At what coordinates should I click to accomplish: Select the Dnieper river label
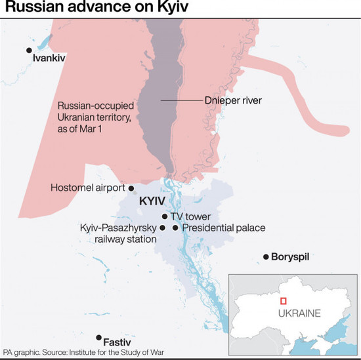click(x=234, y=101)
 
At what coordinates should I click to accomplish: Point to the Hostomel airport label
click(x=87, y=188)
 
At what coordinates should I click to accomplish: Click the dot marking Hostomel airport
click(x=132, y=188)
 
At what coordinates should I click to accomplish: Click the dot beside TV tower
click(x=164, y=216)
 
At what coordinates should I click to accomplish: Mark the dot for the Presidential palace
click(x=175, y=228)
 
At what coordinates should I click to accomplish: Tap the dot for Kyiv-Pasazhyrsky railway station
click(x=163, y=228)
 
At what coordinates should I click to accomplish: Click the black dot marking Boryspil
click(x=266, y=256)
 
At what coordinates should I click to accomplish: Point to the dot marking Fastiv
click(x=99, y=338)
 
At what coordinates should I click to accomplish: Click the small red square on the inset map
click(x=283, y=301)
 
